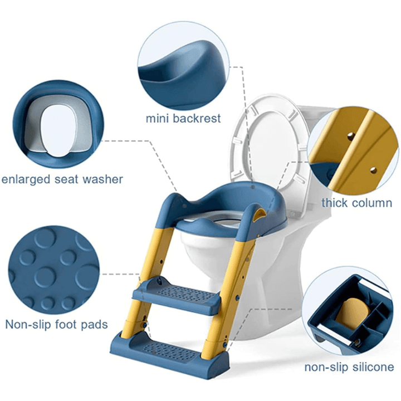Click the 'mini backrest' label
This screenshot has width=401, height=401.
pos(183,119)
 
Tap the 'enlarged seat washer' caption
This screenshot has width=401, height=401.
pos(62,179)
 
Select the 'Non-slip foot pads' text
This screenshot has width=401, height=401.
pos(56,325)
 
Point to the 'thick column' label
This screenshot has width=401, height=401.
pos(357,203)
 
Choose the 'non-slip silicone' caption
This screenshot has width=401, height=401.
pos(349,367)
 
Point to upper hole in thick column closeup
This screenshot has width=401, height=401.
pos(350,135)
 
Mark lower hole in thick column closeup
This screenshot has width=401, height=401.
pos(374,169)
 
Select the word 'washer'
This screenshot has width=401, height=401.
pos(103,179)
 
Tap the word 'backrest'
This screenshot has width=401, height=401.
pos(197,119)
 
